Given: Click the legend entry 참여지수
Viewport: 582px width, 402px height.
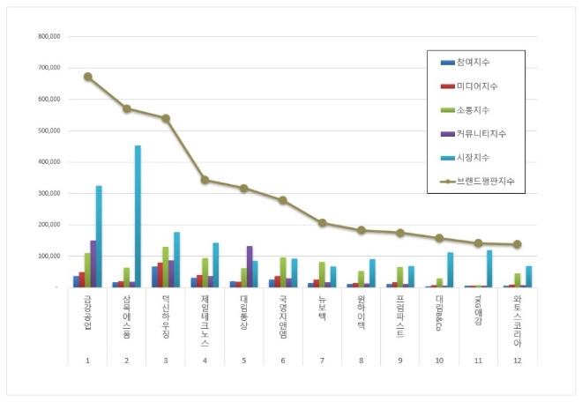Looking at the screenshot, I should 472,62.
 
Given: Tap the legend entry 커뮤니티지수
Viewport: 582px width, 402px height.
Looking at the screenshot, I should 480,133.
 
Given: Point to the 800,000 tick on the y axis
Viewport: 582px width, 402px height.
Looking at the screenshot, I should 48,37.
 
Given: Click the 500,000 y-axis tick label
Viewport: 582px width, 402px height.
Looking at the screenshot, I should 48,130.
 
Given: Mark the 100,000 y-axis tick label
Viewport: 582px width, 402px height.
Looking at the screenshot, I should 48,256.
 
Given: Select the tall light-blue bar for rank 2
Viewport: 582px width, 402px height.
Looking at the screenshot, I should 138,216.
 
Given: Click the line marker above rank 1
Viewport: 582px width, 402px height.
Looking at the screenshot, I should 88,77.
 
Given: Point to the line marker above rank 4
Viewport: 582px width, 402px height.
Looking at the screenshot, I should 205,180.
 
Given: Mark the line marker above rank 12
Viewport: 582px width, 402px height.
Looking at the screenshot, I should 517,244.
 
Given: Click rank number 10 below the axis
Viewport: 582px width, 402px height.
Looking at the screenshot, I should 438,359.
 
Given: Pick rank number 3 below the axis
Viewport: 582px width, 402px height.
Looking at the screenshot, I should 166,359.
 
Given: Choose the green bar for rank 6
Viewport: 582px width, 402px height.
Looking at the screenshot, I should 283,272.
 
